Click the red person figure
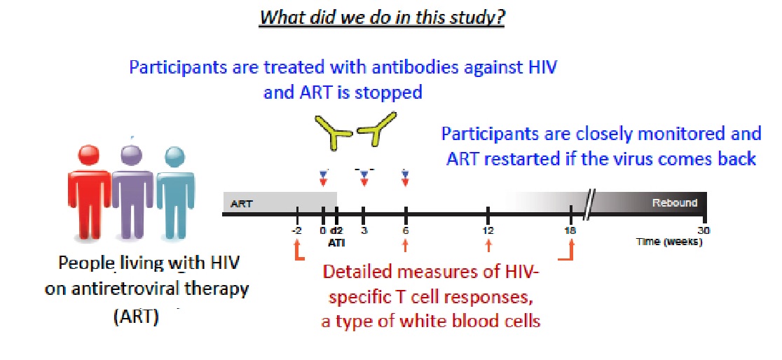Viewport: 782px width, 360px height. pos(88,192)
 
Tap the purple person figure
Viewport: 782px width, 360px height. pos(132,191)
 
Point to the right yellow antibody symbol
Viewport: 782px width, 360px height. pos(378,129)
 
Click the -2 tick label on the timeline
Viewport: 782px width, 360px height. pos(296,231)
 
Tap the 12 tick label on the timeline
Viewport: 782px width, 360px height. pos(488,231)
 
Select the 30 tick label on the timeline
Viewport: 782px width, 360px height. pos(704,231)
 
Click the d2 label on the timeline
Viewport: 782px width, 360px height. pos(337,231)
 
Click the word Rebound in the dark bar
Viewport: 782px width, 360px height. pos(674,203)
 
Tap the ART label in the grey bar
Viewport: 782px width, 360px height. pos(241,203)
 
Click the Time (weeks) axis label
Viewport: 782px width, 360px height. pos(669,242)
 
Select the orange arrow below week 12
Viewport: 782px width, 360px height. pos(488,245)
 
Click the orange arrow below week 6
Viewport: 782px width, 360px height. pos(406,245)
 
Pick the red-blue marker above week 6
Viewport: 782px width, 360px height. pos(405,178)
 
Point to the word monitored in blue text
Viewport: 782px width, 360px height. pos(684,134)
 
